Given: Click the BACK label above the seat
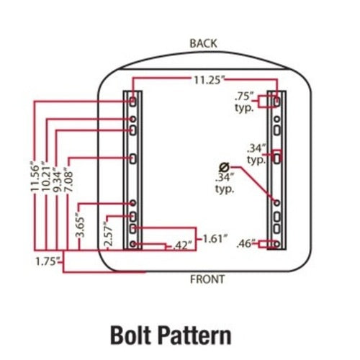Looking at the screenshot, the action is click(x=203, y=43).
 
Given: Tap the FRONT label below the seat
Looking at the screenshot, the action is click(x=207, y=279).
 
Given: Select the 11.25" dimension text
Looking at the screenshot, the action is click(x=209, y=80).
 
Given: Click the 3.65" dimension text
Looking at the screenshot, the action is click(x=81, y=225).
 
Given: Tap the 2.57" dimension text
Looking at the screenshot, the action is click(x=108, y=234).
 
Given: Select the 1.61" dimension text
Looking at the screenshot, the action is click(x=215, y=239).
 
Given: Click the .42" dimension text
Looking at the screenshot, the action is click(x=182, y=246).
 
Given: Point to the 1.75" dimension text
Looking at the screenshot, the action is click(x=48, y=261).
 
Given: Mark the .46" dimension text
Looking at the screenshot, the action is click(x=246, y=244).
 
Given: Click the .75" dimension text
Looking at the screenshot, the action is click(x=244, y=97).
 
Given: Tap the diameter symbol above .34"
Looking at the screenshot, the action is click(x=225, y=166).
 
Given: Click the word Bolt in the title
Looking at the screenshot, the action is click(x=132, y=336).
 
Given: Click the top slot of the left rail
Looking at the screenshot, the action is click(x=132, y=102).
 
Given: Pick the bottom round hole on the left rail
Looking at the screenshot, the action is click(x=132, y=244).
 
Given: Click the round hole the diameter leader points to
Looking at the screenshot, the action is click(x=276, y=203).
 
